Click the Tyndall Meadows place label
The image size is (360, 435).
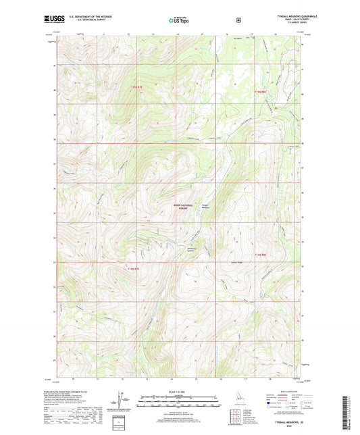pyautogui.click(x=205, y=207)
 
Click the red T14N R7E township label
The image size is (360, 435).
pyautogui.click(x=134, y=267)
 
